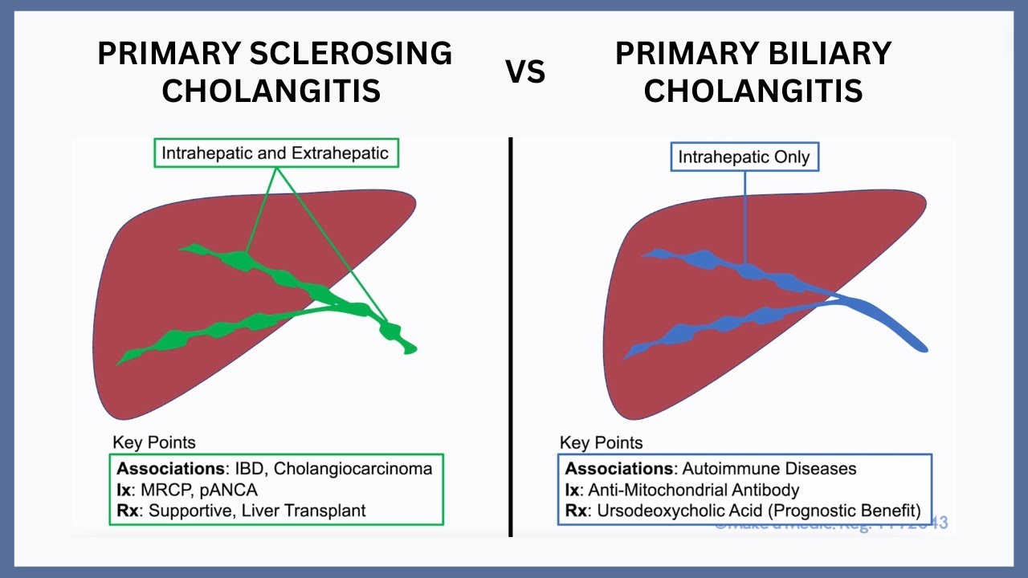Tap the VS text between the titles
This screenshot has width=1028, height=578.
(x=526, y=72)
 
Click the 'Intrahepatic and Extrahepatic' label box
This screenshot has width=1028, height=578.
(x=275, y=153)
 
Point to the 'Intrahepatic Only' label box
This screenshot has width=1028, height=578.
(x=745, y=157)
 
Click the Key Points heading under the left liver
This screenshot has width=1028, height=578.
(x=153, y=442)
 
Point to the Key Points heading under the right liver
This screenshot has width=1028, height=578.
(x=602, y=442)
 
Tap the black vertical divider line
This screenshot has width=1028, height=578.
(x=510, y=337)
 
